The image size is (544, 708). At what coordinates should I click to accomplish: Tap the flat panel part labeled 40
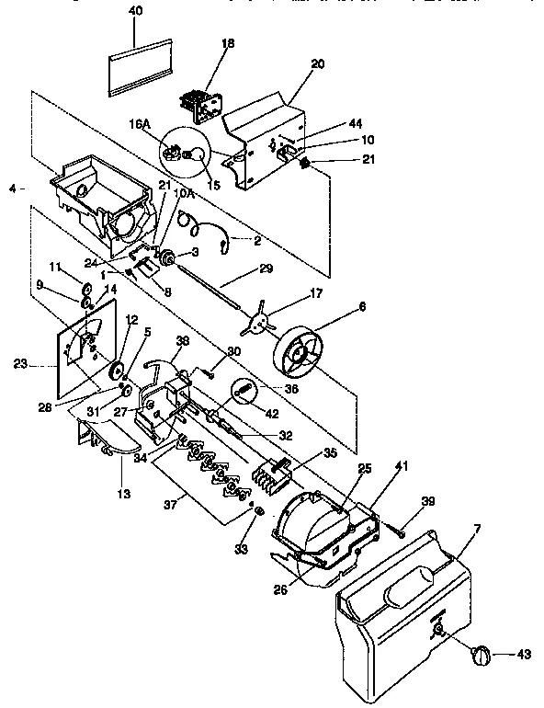(x=140, y=69)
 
